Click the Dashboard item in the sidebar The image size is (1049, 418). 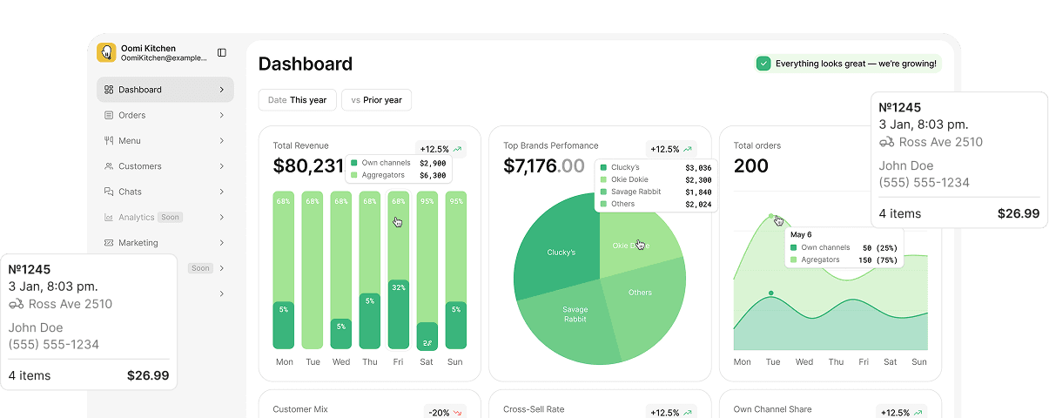(139, 90)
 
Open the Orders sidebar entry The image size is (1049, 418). (131, 115)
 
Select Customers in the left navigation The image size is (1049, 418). (139, 166)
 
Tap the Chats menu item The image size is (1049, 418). (130, 192)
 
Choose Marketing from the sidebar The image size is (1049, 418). (138, 243)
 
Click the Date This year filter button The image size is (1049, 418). (297, 100)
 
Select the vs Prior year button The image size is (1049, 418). (376, 100)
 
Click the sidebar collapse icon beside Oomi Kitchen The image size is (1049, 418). (222, 53)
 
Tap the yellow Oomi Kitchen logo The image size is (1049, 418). (106, 53)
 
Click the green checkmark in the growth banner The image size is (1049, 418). (763, 64)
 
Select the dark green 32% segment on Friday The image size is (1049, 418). (399, 313)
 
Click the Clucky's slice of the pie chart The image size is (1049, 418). (560, 253)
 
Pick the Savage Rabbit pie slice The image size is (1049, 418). (575, 314)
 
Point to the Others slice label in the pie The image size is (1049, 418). (640, 293)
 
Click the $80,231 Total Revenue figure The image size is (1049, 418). (308, 165)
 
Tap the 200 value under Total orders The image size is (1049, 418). (750, 165)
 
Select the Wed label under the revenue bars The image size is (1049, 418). (341, 362)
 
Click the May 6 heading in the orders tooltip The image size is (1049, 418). (801, 235)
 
